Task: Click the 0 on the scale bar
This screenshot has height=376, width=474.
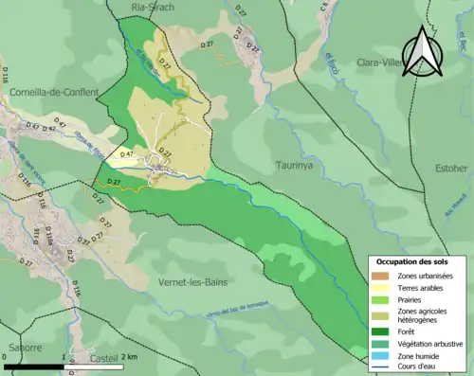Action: (6, 356)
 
